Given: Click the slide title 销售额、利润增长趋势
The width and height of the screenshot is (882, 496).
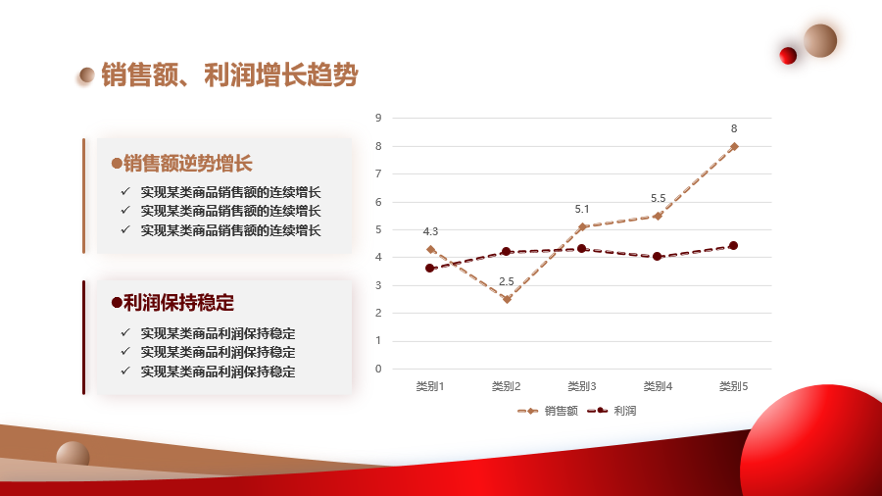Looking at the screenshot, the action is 229,74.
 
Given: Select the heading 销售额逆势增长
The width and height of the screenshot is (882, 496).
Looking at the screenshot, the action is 187,164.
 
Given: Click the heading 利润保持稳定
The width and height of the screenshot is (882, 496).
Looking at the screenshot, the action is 178,303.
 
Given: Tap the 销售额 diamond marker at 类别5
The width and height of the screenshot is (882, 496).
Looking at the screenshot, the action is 734,146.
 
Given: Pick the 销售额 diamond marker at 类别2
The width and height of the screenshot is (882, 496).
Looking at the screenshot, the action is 507,299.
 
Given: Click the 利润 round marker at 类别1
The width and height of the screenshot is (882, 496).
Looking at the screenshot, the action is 430,269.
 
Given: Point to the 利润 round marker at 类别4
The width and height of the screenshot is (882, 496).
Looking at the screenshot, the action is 658,257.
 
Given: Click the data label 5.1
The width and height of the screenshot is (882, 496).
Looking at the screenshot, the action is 582,209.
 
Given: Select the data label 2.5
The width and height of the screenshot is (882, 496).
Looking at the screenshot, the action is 507,281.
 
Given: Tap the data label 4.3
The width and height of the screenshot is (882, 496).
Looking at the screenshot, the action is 430,231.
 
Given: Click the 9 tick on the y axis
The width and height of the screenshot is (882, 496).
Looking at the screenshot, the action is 378,118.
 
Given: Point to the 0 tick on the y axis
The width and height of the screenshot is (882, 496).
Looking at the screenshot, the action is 378,369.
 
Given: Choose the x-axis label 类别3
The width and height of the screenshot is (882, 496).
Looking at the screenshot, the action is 581,386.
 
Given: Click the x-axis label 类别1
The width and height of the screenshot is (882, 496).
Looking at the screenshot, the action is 430,386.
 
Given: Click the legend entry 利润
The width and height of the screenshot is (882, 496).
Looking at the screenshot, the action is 612,411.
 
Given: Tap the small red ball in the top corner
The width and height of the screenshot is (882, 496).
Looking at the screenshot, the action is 788,56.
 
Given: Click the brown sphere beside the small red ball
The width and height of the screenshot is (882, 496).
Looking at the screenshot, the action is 820,40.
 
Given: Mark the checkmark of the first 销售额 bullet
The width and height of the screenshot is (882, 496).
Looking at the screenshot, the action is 125,192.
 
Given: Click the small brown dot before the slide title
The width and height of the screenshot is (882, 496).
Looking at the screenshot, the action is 86,74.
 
